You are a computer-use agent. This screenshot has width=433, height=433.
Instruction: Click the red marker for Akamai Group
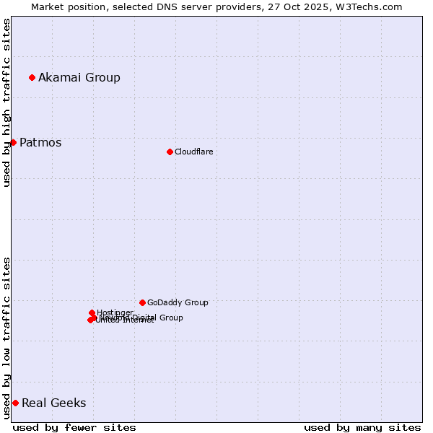click(32, 77)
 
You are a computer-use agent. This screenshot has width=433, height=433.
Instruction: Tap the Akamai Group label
click(79, 77)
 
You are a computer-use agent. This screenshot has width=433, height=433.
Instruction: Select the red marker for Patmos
click(13, 142)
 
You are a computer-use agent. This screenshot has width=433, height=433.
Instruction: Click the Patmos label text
click(40, 142)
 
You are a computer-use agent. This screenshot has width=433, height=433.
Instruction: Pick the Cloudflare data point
click(170, 152)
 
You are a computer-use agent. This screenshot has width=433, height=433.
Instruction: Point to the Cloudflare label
click(193, 152)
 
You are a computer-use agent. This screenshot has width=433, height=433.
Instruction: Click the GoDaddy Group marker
click(142, 302)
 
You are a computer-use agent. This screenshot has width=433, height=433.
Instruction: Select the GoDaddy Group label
click(178, 302)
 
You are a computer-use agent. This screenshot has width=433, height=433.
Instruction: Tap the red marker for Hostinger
click(92, 312)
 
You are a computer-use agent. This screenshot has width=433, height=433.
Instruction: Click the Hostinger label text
click(115, 312)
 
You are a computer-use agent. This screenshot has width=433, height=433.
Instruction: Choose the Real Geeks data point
click(15, 403)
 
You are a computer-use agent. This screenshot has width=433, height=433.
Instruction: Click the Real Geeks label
click(53, 403)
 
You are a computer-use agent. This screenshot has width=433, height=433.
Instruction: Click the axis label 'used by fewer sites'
click(74, 427)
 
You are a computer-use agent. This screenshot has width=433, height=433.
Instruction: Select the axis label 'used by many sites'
click(362, 427)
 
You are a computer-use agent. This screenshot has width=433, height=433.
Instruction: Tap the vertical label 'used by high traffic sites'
click(6, 102)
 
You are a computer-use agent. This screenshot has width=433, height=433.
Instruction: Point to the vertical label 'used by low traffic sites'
click(6, 338)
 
